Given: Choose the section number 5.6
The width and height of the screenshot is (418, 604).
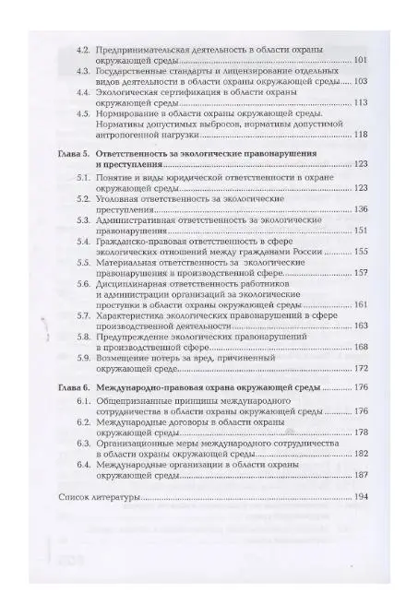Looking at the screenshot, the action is (x=82, y=285).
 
